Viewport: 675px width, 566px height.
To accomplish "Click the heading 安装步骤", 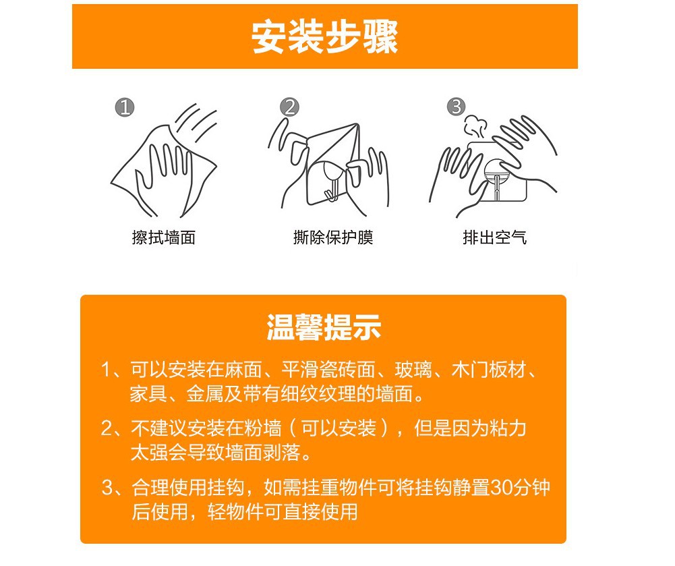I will point(324,36).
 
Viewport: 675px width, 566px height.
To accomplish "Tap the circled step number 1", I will point(125,107).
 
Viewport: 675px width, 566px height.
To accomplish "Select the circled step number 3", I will point(457,107).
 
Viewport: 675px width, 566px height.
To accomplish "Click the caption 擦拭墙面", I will point(164,237).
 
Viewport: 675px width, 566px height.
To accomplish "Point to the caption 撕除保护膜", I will point(332,237).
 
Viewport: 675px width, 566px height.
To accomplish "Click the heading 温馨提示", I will point(324,329).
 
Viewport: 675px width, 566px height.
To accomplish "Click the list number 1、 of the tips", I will point(111,370).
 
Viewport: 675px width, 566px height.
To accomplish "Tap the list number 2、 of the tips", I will point(111,429).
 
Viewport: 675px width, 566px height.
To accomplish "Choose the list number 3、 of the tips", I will point(111,488).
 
